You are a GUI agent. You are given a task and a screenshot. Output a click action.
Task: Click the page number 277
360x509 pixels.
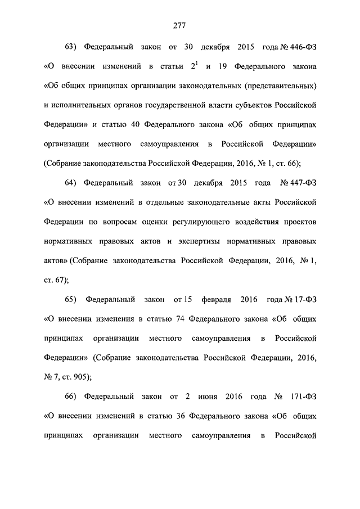coord(179,25)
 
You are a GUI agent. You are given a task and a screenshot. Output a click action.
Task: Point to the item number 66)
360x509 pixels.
coord(74,397)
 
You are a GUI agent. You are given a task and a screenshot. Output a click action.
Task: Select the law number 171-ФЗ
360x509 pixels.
coord(303,397)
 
